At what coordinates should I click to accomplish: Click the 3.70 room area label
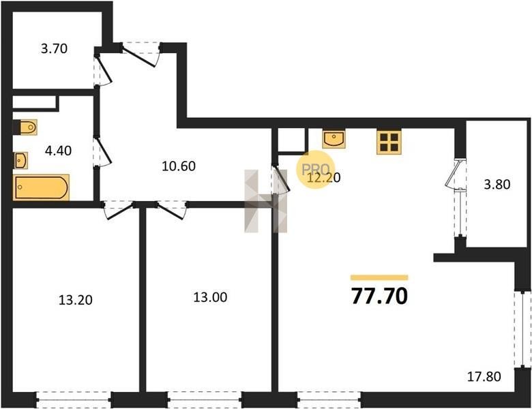point(55,49)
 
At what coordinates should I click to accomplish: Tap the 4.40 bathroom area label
point(58,151)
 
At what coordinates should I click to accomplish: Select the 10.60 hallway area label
point(179,166)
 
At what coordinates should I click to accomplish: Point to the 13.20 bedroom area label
point(75,300)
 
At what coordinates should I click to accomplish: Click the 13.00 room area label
point(210,297)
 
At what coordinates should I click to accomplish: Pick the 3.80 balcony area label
point(497,185)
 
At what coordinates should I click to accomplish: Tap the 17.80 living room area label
point(484,376)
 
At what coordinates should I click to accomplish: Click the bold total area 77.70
point(379,296)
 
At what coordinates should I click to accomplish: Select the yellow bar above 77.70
point(379,277)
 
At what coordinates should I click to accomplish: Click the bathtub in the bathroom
point(41,187)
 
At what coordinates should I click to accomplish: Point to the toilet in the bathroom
point(25,127)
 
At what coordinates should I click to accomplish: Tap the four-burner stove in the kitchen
point(389,142)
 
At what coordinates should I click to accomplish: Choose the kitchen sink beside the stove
point(334,138)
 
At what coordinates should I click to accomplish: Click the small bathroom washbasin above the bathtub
point(20,160)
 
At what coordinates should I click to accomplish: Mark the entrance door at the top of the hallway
point(141,54)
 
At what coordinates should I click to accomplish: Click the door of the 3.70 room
point(102,70)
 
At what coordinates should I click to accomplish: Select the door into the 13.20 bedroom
point(118,210)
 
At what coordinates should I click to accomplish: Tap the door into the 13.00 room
point(171,210)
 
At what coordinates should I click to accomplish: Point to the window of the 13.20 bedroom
point(74,399)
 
